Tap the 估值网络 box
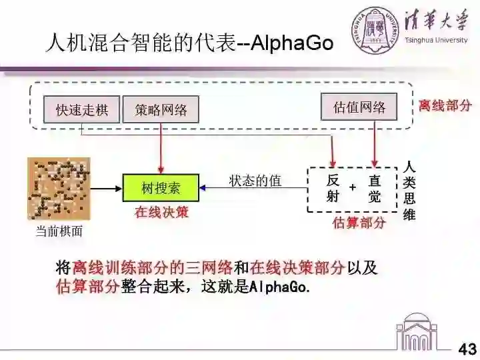point(359,107)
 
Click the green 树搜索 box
point(161,188)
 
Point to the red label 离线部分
point(445,105)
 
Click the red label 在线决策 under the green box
point(161,213)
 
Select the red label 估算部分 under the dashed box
point(359,223)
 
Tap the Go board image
point(59,189)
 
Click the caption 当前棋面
point(59,231)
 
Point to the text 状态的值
point(255,181)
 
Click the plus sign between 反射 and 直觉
point(352,188)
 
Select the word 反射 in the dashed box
point(333,188)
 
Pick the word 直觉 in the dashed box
point(375,188)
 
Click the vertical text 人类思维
point(409,190)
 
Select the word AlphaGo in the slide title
point(293,43)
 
